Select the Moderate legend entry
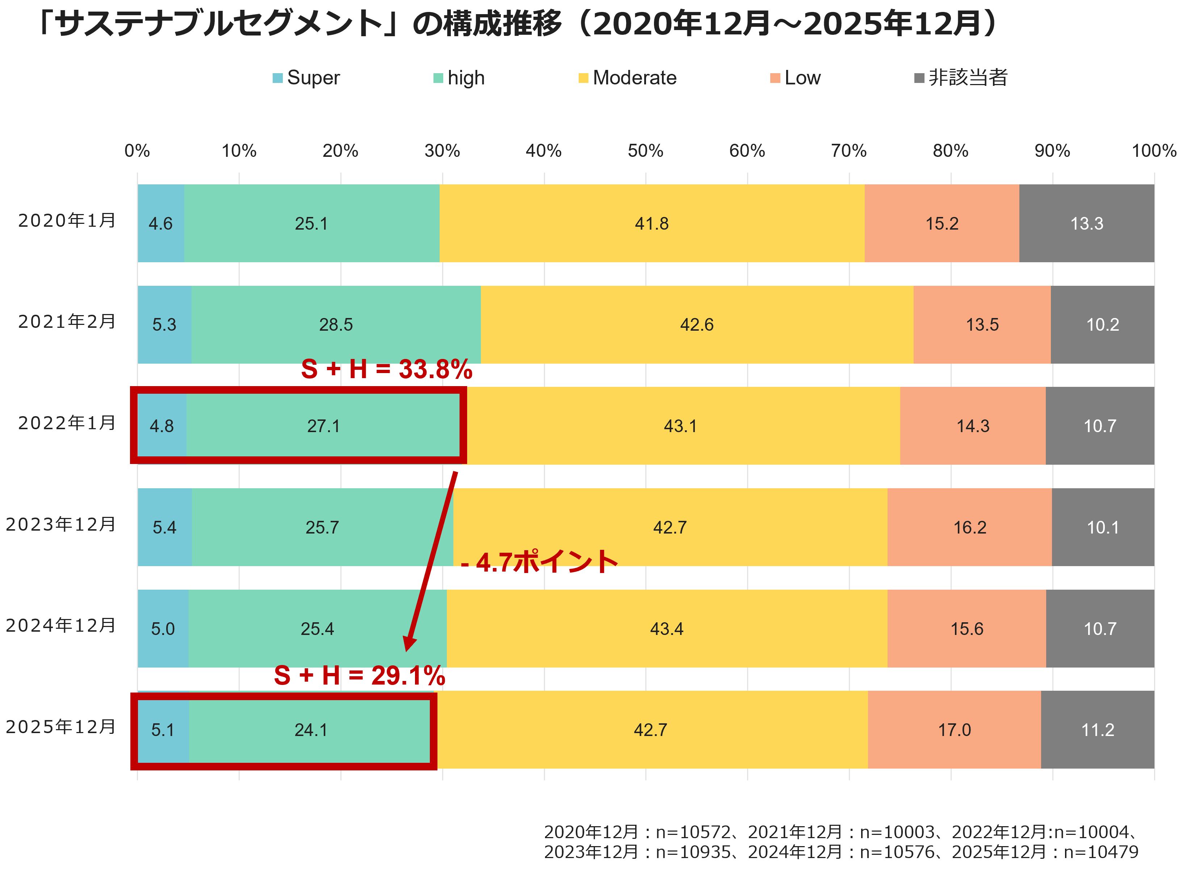click(628, 78)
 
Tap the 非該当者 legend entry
click(961, 78)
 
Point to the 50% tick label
click(645, 151)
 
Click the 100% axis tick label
click(1154, 151)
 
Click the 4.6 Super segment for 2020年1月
click(161, 223)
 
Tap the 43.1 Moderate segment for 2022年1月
click(680, 426)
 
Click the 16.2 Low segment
click(970, 527)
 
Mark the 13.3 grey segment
click(1087, 223)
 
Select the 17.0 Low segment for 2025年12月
click(954, 730)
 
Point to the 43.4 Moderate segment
click(667, 628)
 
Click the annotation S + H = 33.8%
click(387, 369)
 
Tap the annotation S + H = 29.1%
click(360, 676)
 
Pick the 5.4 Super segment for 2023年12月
click(164, 527)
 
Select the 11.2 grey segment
click(1098, 730)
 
